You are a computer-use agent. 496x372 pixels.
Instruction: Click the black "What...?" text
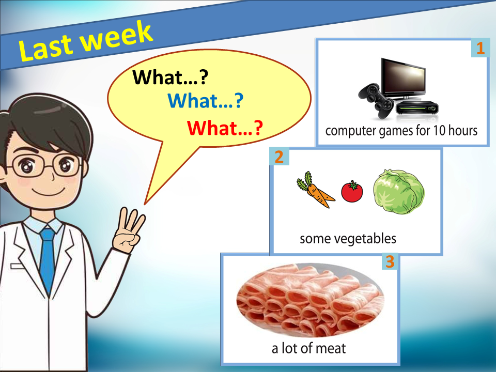coord(171,78)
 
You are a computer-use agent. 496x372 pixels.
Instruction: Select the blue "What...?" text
coord(206,101)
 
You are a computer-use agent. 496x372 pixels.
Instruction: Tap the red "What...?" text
coord(225,128)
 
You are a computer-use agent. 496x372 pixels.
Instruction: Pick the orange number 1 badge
coord(481,48)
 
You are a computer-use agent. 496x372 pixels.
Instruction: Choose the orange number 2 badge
coord(279,156)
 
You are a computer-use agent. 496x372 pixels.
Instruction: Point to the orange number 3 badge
coord(390,261)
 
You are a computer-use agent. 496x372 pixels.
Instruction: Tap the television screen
coord(404,78)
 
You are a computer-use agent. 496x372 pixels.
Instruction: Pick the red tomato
coord(352,191)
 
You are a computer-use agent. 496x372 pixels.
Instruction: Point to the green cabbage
coord(398,191)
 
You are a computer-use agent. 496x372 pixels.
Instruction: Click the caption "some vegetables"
coord(348,239)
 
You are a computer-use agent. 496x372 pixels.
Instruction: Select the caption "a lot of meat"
coord(309,348)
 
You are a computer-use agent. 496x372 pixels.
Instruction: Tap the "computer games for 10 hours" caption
coord(401,131)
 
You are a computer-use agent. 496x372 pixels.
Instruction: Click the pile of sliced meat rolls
coord(311,299)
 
